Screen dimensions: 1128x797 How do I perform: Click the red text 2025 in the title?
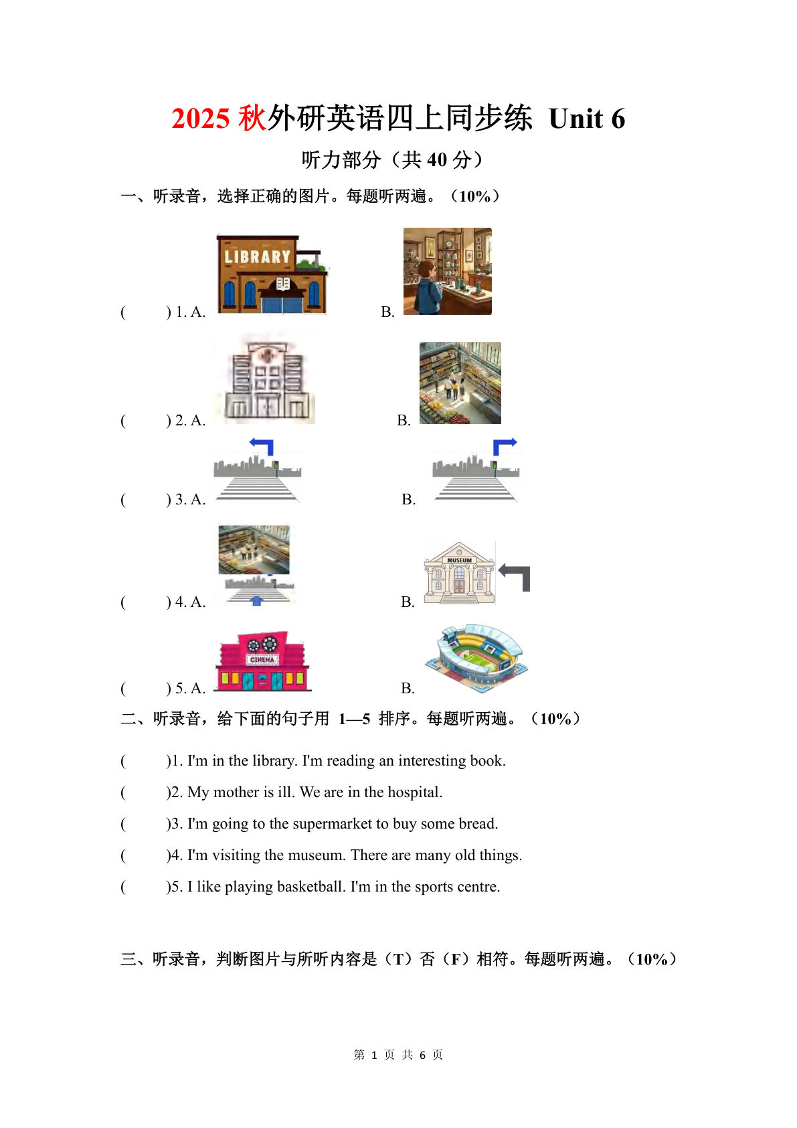pos(201,119)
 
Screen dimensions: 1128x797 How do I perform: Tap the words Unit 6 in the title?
pos(586,119)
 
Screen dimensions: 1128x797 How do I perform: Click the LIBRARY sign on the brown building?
pos(257,257)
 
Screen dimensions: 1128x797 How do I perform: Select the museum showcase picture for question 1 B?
pos(447,271)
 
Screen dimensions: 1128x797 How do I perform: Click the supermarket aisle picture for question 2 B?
pos(460,383)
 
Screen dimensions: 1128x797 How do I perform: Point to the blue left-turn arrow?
pos(262,445)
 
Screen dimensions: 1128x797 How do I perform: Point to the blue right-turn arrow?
pos(504,445)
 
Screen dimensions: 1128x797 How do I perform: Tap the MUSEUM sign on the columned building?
pos(459,560)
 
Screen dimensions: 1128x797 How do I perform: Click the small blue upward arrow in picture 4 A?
pos(256,601)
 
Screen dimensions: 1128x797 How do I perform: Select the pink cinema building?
pos(263,662)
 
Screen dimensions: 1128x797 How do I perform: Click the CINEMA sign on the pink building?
pos(262,660)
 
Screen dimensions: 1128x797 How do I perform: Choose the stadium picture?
pos(476,658)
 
